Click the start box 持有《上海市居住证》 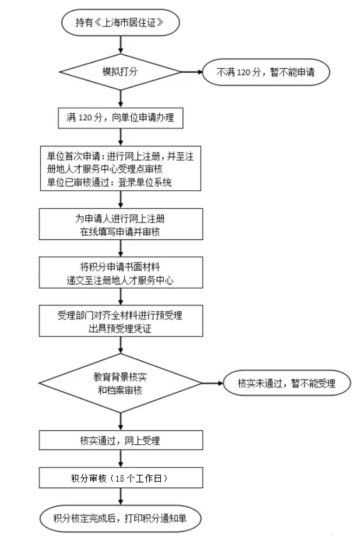[121, 23]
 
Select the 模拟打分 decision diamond [121, 72]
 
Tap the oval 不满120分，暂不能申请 [266, 72]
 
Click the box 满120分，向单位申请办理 [121, 118]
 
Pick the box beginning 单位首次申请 [121, 169]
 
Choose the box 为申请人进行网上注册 [121, 224]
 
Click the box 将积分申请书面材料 [121, 272]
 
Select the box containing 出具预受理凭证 [121, 321]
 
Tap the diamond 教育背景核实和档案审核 [121, 383]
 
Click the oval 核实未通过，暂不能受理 [287, 383]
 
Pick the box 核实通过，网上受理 [121, 440]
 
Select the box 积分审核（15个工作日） [121, 478]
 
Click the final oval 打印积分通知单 [120, 518]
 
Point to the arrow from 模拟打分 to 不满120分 [191, 72]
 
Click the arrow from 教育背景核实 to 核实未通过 [213, 383]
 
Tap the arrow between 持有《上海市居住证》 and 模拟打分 [121, 45]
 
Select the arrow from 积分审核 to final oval [121, 496]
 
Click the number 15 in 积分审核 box [120, 478]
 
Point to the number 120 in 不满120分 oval [243, 72]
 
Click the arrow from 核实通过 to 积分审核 [121, 459]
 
